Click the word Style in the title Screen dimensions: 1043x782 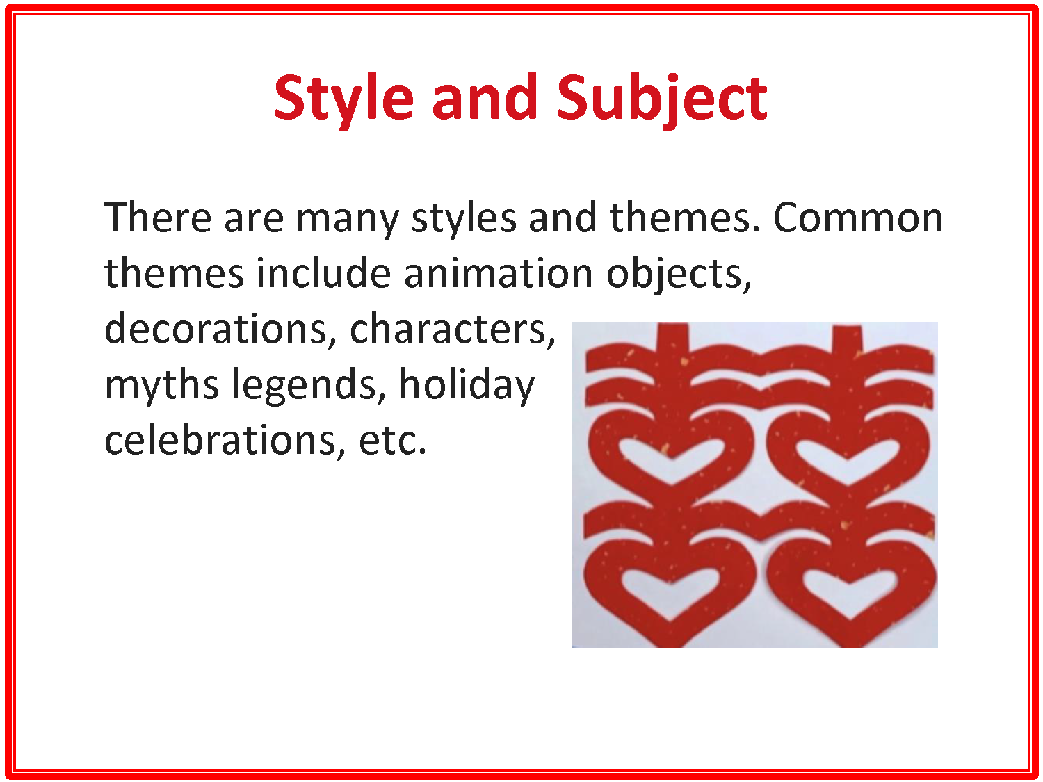[x=343, y=98]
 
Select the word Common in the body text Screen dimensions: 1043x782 [x=857, y=218]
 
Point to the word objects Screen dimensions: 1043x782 [x=679, y=275]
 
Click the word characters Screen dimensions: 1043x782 [x=452, y=329]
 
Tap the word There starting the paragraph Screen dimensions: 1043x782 [x=158, y=218]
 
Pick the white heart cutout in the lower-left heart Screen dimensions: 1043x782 [x=670, y=589]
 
